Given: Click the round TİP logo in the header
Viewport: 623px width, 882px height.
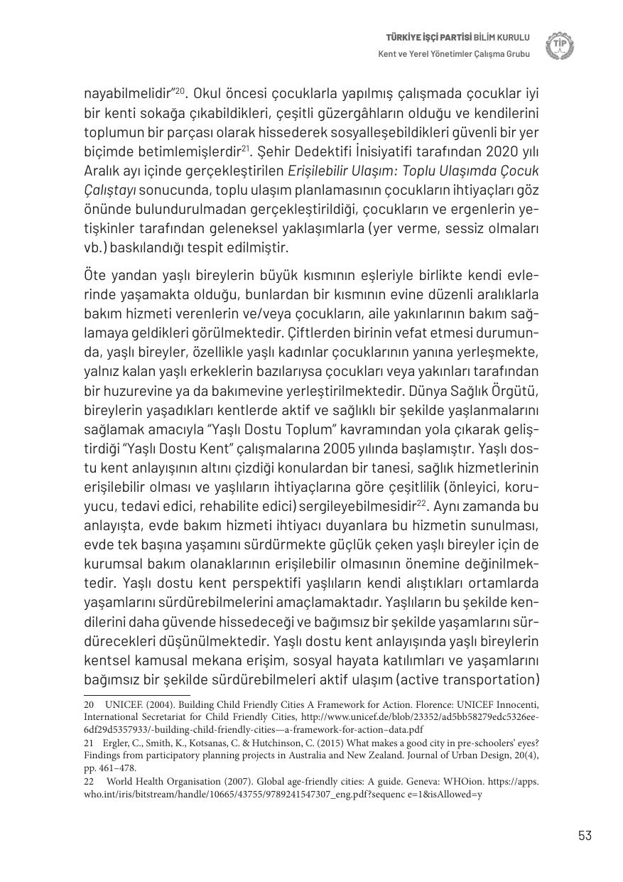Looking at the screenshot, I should (560, 45).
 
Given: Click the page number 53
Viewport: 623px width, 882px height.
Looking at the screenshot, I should (585, 835).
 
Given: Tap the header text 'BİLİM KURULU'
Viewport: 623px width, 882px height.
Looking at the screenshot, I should (503, 38).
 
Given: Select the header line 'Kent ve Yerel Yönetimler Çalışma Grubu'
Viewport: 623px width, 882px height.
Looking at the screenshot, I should (454, 54).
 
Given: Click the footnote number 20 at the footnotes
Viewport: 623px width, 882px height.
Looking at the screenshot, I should (90, 704).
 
